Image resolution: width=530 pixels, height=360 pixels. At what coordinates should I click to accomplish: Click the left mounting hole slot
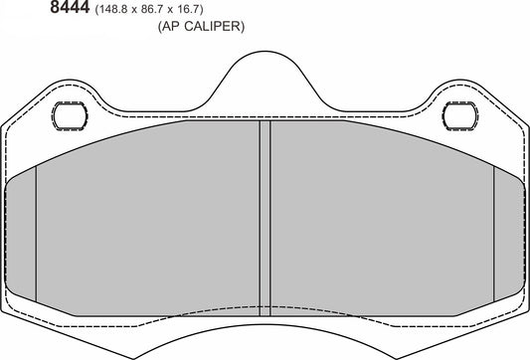pyautogui.click(x=68, y=115)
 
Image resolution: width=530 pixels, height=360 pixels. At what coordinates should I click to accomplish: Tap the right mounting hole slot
pyautogui.click(x=462, y=115)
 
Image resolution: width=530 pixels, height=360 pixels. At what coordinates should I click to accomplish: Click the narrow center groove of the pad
pyautogui.click(x=265, y=219)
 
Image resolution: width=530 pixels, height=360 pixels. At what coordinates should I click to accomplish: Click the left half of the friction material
pyautogui.click(x=149, y=219)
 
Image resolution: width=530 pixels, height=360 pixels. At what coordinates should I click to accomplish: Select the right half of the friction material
pyautogui.click(x=383, y=219)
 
